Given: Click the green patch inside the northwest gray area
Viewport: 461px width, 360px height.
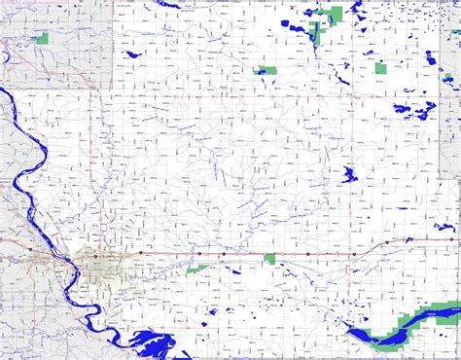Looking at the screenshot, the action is [42, 38].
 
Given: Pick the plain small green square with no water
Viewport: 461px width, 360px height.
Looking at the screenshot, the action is [381, 68].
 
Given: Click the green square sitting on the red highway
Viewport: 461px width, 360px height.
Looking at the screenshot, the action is [269, 258].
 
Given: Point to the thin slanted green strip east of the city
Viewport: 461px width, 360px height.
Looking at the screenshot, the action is [198, 268].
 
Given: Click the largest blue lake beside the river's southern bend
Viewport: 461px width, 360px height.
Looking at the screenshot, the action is [151, 342].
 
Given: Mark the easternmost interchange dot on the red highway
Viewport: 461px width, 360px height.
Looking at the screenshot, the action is [409, 238].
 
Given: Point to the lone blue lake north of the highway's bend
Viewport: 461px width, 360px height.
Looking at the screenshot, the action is [349, 175].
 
